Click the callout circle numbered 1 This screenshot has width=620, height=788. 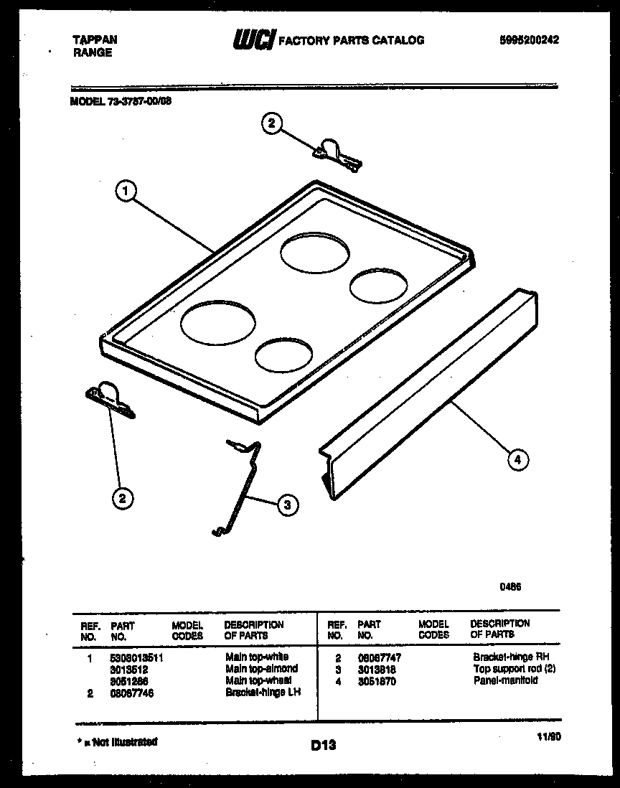coord(126,192)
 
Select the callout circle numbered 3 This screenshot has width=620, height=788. coord(286,506)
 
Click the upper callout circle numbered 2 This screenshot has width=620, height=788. coord(271,124)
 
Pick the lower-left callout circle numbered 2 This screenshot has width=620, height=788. coord(123,498)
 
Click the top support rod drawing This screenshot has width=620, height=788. coord(240,488)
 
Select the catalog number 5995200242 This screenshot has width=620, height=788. coord(528,40)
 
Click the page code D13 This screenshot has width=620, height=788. coord(324,746)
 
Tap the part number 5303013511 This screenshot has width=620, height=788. coord(138,657)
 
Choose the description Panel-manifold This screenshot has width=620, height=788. coord(505,680)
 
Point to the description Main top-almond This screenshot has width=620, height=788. coord(261,668)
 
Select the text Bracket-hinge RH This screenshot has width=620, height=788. coord(511,657)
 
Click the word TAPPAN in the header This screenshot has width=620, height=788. coord(94,40)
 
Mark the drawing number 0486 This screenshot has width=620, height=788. coord(510,586)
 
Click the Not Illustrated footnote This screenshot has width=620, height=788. coord(118,742)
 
